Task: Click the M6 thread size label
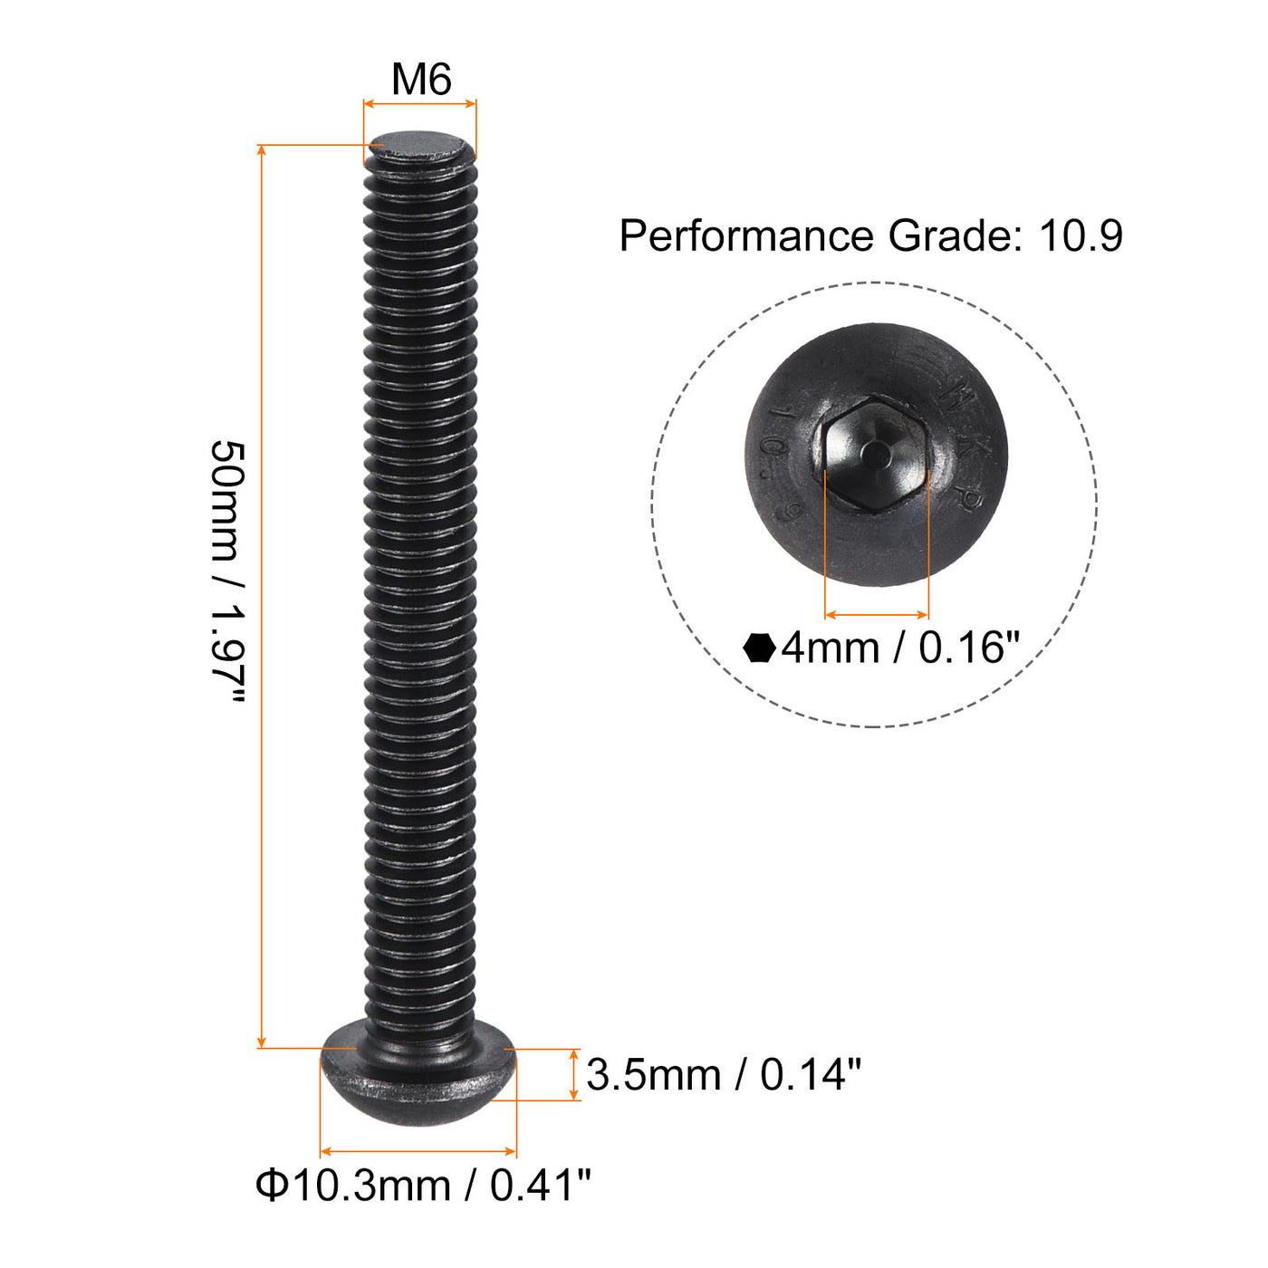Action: coord(421,80)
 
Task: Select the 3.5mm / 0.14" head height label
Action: coord(723,1075)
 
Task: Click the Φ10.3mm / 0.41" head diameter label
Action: coord(423,1185)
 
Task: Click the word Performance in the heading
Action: coord(745,236)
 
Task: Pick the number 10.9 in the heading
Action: coord(1081,236)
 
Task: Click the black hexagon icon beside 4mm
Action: coord(759,648)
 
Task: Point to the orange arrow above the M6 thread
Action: coord(419,104)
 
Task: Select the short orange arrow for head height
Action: coord(574,1075)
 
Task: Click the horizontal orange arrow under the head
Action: coord(418,1152)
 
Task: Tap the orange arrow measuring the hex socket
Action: coord(877,614)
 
